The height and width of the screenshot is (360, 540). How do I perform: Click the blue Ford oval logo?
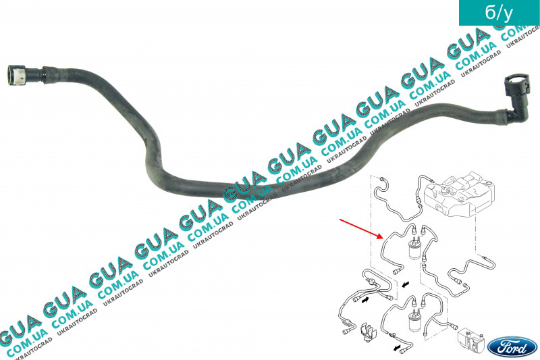(x=513, y=347)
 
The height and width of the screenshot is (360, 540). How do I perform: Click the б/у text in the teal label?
(x=499, y=13)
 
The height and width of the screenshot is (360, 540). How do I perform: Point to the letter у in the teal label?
(x=508, y=14)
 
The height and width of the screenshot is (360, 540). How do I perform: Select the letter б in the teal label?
(x=490, y=12)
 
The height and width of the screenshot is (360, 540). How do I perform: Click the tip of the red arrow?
(x=383, y=238)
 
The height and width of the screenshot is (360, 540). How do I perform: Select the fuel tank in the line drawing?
(x=460, y=195)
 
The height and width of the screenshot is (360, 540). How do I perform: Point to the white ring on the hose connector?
(x=22, y=75)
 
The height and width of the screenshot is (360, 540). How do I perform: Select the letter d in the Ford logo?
(x=524, y=348)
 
